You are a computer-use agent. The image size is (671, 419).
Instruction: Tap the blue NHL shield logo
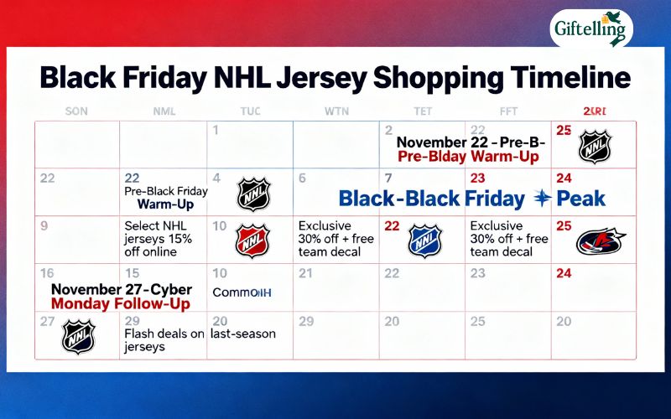424,240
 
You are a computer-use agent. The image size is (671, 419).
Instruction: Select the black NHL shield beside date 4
253,194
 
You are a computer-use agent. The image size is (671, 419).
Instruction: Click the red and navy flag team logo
601,241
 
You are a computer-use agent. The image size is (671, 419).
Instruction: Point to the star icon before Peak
542,198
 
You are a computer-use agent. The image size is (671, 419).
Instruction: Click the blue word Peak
581,199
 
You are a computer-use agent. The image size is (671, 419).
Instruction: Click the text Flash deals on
164,334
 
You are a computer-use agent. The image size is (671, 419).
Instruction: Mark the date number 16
47,273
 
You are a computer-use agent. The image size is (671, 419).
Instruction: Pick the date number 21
306,273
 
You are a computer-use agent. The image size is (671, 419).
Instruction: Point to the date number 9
44,225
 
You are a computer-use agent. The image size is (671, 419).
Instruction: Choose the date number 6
302,178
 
